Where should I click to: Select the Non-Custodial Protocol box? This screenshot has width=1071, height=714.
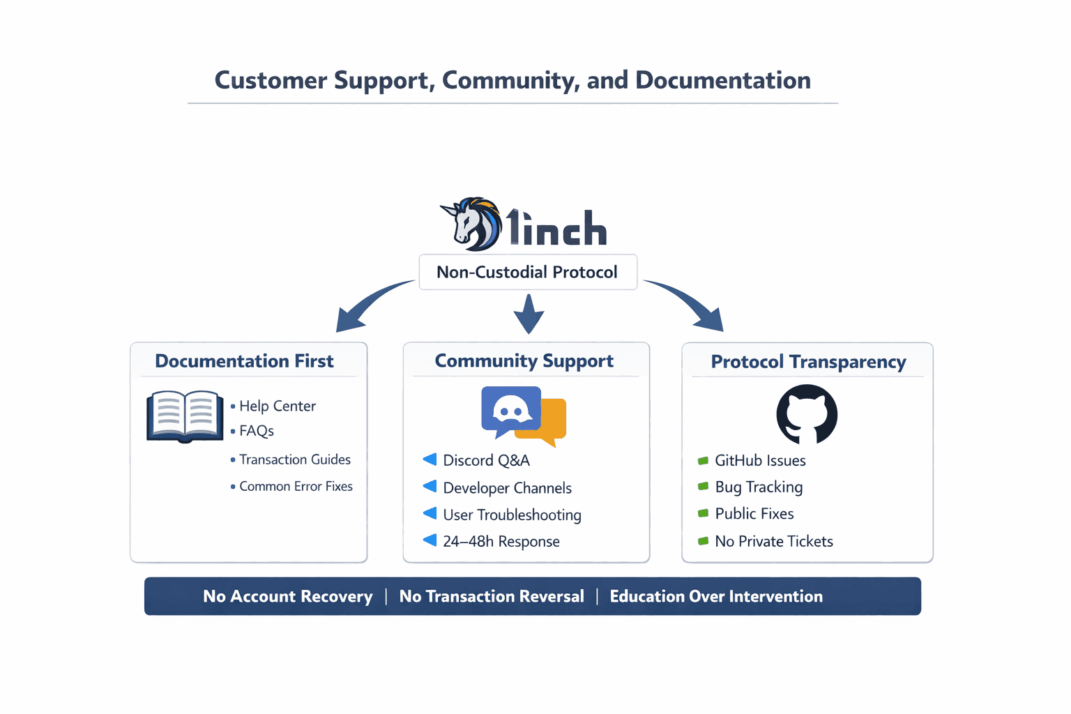click(527, 272)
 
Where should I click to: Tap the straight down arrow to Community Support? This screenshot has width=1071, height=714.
click(529, 314)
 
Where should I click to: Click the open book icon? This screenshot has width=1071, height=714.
click(185, 416)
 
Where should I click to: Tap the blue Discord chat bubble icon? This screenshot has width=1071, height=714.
click(510, 410)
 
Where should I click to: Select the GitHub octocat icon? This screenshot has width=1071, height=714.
click(807, 414)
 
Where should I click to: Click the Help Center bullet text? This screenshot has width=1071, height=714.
click(277, 406)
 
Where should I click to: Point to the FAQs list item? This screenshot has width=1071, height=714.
click(256, 431)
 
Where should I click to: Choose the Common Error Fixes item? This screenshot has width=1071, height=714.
click(296, 486)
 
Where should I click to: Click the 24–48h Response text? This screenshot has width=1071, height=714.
click(501, 541)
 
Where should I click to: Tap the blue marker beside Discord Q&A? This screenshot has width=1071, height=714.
click(430, 459)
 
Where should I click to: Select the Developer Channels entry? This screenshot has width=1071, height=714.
click(507, 488)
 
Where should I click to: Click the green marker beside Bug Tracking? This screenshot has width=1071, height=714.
click(703, 487)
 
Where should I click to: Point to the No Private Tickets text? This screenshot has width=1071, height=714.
click(773, 541)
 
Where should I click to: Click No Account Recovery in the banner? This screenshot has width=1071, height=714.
click(287, 596)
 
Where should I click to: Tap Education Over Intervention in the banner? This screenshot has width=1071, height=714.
click(716, 596)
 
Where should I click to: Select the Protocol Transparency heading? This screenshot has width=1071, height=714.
click(808, 362)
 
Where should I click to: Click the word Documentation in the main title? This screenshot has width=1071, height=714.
click(722, 80)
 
